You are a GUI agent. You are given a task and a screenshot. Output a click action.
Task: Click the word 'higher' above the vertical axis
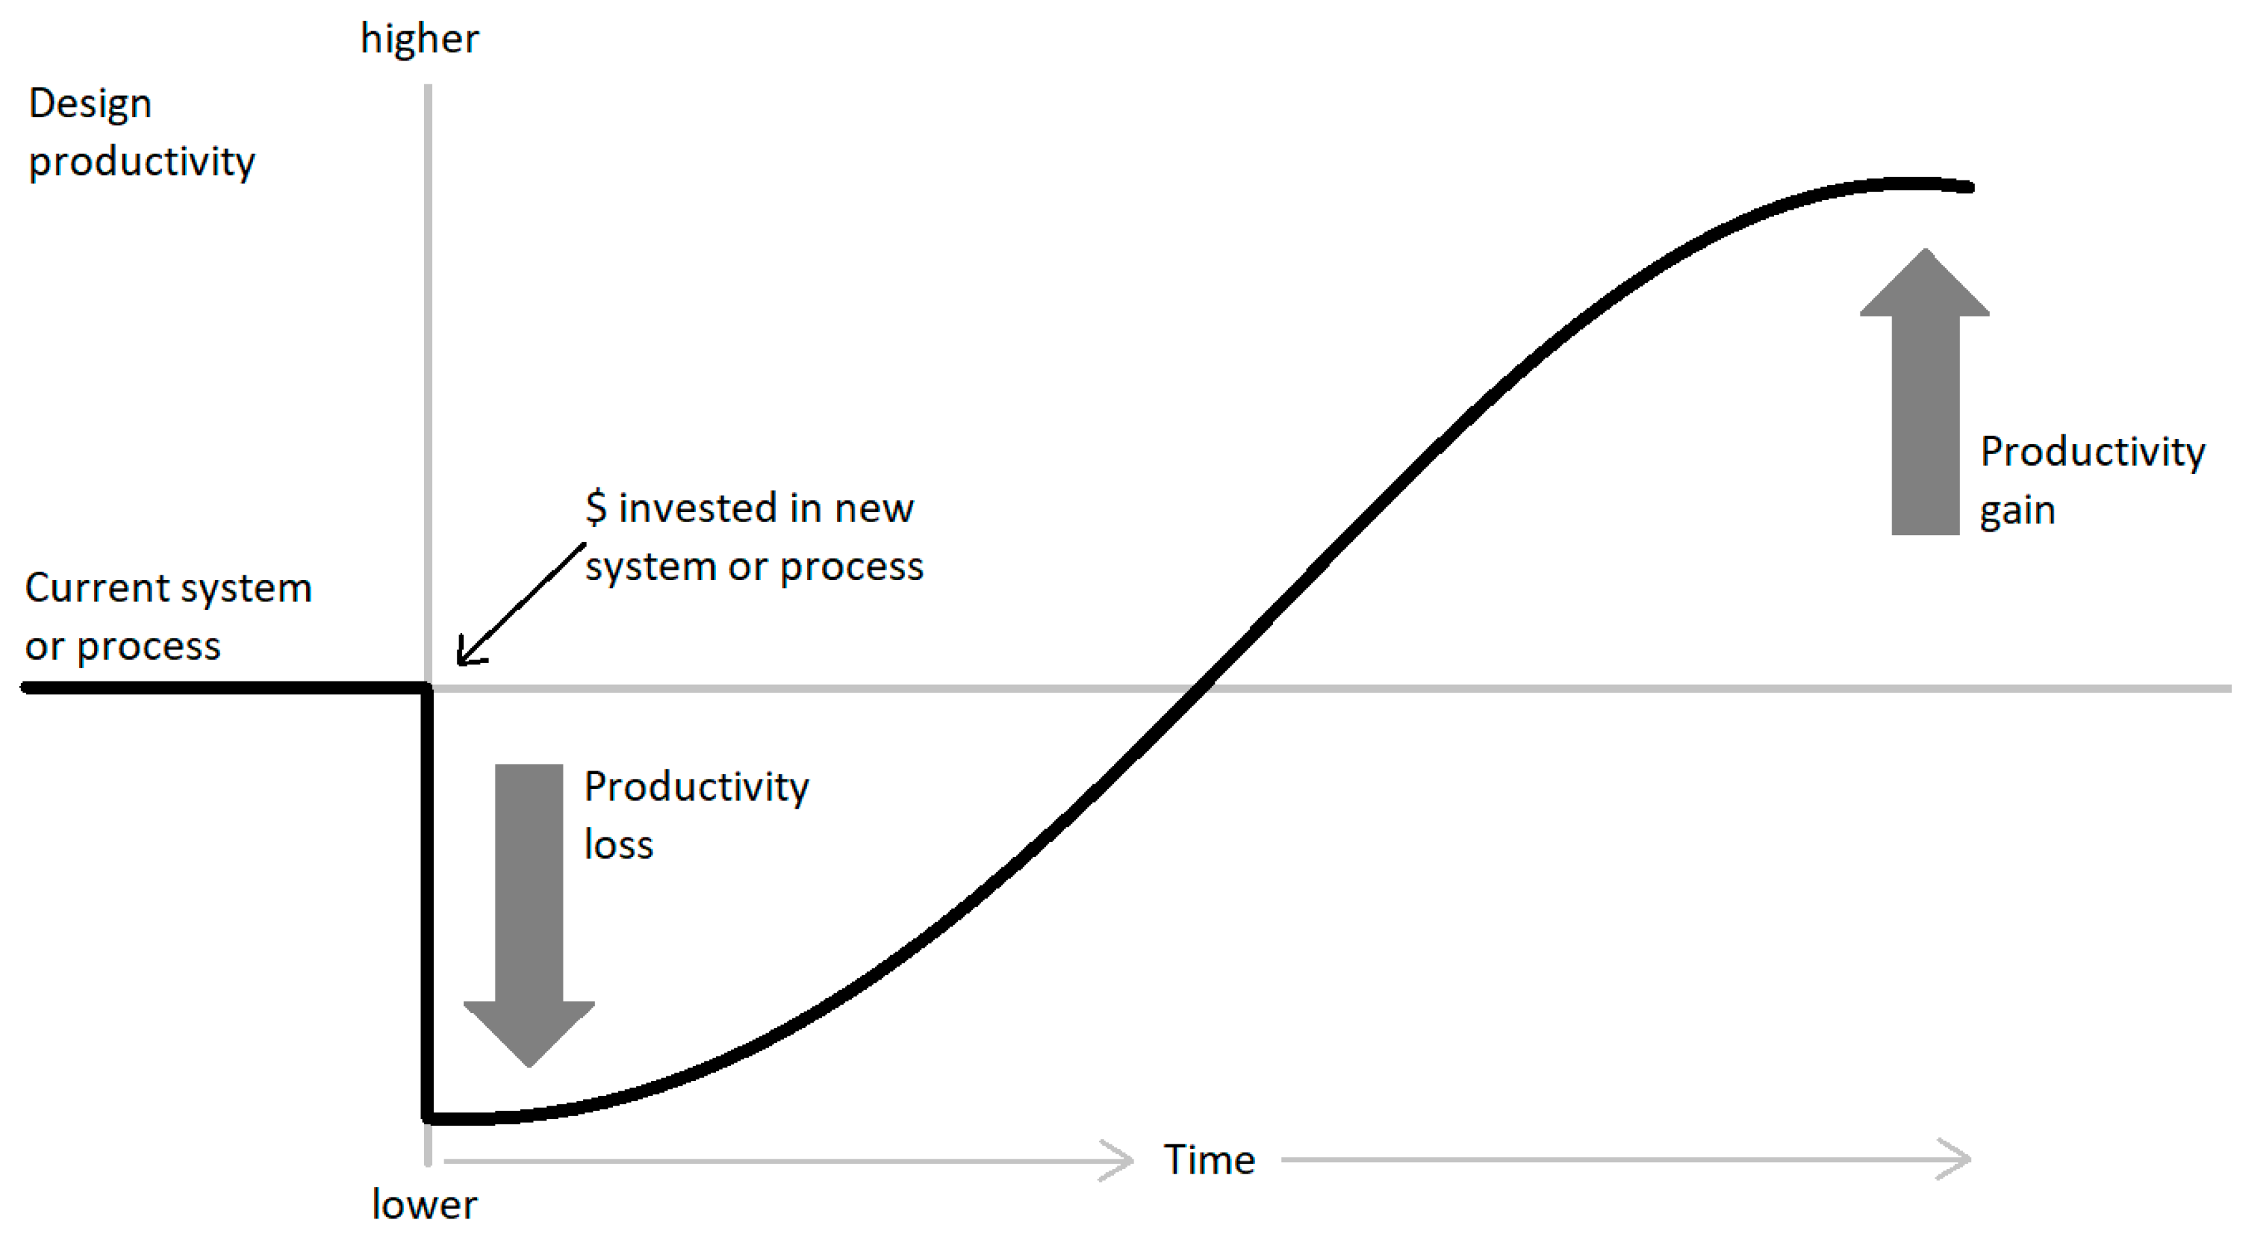[x=420, y=39]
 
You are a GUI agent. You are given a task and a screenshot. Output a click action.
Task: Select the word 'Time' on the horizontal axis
[x=1210, y=1160]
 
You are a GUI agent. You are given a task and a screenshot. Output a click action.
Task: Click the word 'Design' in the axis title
[x=90, y=104]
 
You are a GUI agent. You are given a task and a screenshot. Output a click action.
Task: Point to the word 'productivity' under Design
[x=142, y=162]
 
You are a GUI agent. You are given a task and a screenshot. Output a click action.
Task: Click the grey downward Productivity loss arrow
[x=529, y=910]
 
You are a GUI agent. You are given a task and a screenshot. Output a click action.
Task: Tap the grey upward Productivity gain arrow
[x=1924, y=393]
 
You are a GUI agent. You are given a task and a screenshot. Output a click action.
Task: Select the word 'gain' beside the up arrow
[x=2017, y=510]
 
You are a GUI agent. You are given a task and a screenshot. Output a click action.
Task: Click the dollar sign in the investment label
[x=595, y=507]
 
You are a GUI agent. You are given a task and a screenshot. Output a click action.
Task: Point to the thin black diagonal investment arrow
[x=521, y=604]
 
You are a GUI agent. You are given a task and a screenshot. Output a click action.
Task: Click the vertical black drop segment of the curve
[x=428, y=901]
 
